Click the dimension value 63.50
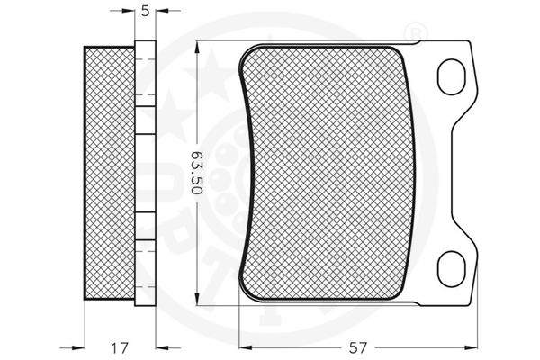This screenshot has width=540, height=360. [197, 173]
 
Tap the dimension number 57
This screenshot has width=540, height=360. [358, 347]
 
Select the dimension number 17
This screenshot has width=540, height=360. [120, 347]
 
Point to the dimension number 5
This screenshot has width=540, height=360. [146, 11]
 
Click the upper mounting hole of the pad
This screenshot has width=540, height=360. [451, 76]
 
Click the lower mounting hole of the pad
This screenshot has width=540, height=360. [451, 269]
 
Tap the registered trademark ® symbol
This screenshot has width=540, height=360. [415, 33]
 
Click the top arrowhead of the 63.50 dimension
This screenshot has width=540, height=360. [197, 48]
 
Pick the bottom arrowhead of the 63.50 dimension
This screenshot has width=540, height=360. [197, 299]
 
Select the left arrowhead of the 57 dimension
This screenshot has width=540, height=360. [246, 347]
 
